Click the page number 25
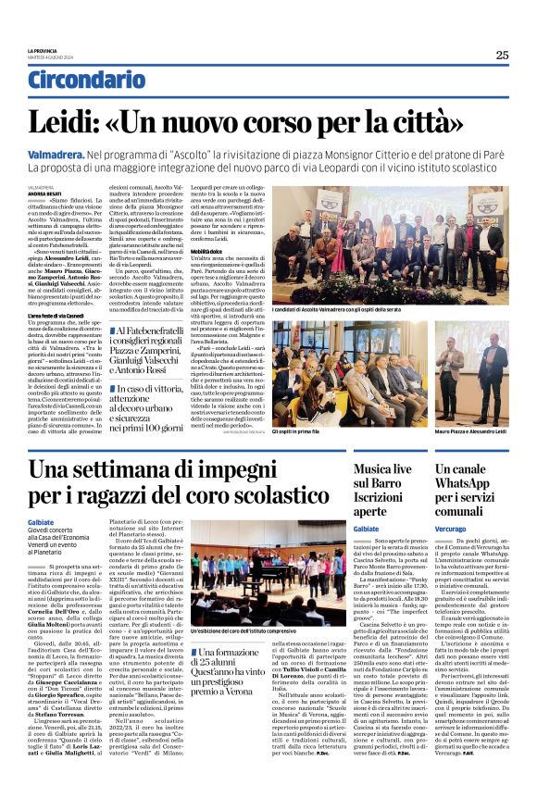(502, 55)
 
